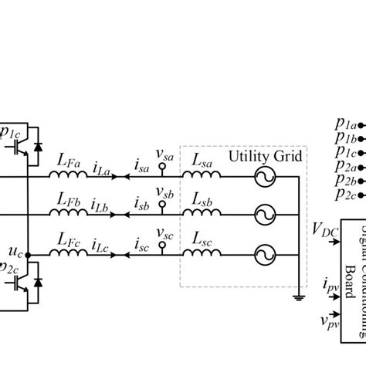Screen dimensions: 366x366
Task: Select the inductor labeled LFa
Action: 67,176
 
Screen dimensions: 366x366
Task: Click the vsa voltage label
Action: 163,152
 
